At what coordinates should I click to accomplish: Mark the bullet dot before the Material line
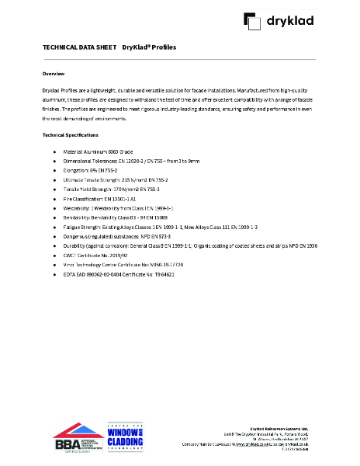(x=54, y=151)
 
